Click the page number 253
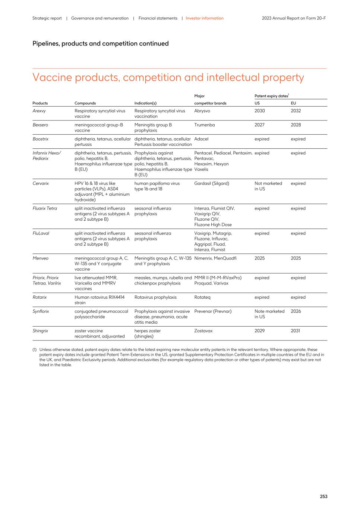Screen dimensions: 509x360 [x=323, y=496]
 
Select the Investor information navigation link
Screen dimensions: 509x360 [x=205, y=18]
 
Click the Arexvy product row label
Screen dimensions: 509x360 [x=39, y=111]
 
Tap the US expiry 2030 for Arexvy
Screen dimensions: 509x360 [x=259, y=111]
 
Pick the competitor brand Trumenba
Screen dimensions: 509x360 [x=204, y=125]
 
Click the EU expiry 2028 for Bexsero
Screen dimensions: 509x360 [x=296, y=125]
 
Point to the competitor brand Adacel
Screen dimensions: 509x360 [x=201, y=139]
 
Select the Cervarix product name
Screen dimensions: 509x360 [x=41, y=183]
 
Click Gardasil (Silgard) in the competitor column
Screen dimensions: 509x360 [x=211, y=183]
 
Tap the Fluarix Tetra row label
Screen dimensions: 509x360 [x=45, y=208]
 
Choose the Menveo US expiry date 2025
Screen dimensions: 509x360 [x=259, y=258]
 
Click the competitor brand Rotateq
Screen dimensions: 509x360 [x=203, y=297]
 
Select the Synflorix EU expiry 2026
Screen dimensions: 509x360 [x=296, y=311]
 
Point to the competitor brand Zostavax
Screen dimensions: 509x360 [x=204, y=331]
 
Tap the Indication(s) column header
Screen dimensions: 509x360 [x=145, y=103]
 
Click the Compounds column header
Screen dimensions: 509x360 [x=85, y=103]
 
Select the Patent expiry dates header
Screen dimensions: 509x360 [x=271, y=96]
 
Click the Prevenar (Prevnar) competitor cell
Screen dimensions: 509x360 [x=212, y=311]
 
